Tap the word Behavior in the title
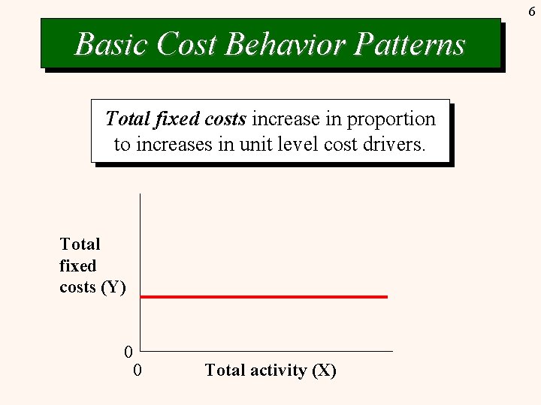tap(286, 44)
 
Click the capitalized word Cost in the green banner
tap(187, 44)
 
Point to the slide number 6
tap(531, 11)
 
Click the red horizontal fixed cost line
tap(263, 297)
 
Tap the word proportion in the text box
tap(391, 119)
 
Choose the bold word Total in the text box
tap(127, 119)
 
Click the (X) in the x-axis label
tap(324, 370)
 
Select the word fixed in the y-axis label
tap(78, 265)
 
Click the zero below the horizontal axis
tap(138, 370)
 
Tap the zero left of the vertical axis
tap(128, 352)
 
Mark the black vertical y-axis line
tap(140, 247)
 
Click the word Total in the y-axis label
tap(80, 244)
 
